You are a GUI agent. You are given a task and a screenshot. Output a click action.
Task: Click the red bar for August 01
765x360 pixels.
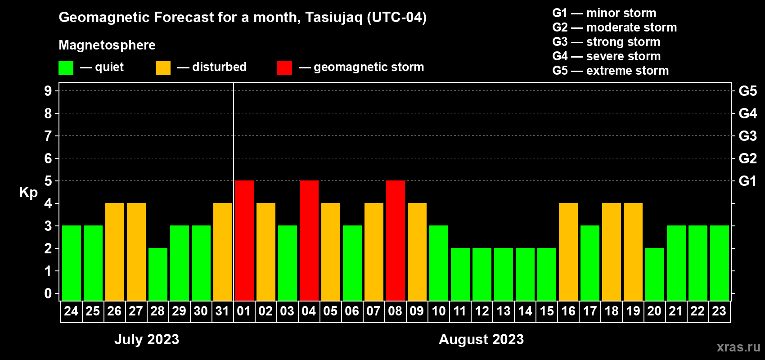244,240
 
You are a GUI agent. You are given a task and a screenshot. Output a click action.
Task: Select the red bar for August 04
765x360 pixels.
309,240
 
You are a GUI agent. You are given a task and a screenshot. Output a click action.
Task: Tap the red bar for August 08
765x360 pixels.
396,240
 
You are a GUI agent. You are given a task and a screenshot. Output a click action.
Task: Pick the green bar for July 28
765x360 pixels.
158,274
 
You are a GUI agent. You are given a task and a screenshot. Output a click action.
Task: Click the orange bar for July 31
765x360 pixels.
223,252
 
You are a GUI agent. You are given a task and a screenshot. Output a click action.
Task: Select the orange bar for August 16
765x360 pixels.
568,252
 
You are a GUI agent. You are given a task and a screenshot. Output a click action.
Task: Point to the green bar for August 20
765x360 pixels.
655,274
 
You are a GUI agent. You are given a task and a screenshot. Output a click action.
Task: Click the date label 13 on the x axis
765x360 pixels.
504,311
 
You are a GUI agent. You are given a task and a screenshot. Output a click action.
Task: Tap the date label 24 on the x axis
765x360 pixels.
71,311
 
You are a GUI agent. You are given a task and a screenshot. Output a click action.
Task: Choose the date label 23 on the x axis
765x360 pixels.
719,311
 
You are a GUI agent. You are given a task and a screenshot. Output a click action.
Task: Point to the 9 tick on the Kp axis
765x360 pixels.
48,91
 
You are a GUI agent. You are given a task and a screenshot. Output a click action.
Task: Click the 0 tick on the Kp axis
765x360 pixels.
48,293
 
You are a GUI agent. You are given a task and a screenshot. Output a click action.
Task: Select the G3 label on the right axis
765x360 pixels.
748,136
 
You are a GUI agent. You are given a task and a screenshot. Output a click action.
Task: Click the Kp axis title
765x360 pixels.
28,192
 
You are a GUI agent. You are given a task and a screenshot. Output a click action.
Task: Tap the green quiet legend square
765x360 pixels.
66,67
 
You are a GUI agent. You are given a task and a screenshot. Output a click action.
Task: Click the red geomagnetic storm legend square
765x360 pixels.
285,67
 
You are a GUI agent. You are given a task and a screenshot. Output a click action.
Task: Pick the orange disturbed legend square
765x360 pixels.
163,67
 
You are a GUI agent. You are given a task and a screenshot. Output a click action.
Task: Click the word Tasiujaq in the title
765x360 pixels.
333,18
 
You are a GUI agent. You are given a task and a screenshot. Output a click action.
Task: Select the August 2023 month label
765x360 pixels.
481,339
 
